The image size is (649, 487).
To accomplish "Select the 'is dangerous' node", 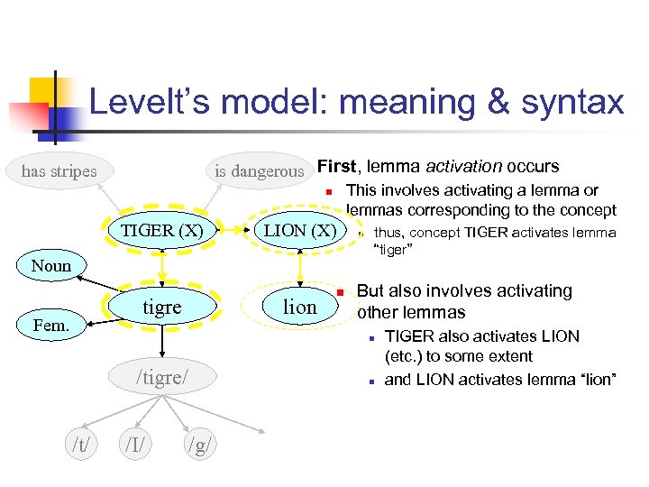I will pyautogui.click(x=259, y=170).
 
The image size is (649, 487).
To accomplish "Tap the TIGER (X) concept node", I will pyautogui.click(x=162, y=230).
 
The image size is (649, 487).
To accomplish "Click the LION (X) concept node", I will pyautogui.click(x=300, y=230).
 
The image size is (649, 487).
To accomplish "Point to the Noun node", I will pyautogui.click(x=50, y=265).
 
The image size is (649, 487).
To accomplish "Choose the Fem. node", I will pyautogui.click(x=51, y=324).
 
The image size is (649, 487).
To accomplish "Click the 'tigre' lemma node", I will pyautogui.click(x=162, y=307).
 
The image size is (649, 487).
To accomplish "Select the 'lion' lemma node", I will pyautogui.click(x=300, y=307).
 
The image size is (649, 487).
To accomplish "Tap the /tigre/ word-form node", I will pyautogui.click(x=162, y=376).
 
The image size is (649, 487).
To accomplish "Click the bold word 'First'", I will pyautogui.click(x=337, y=166).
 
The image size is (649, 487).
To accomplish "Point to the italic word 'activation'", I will pyautogui.click(x=464, y=166).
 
